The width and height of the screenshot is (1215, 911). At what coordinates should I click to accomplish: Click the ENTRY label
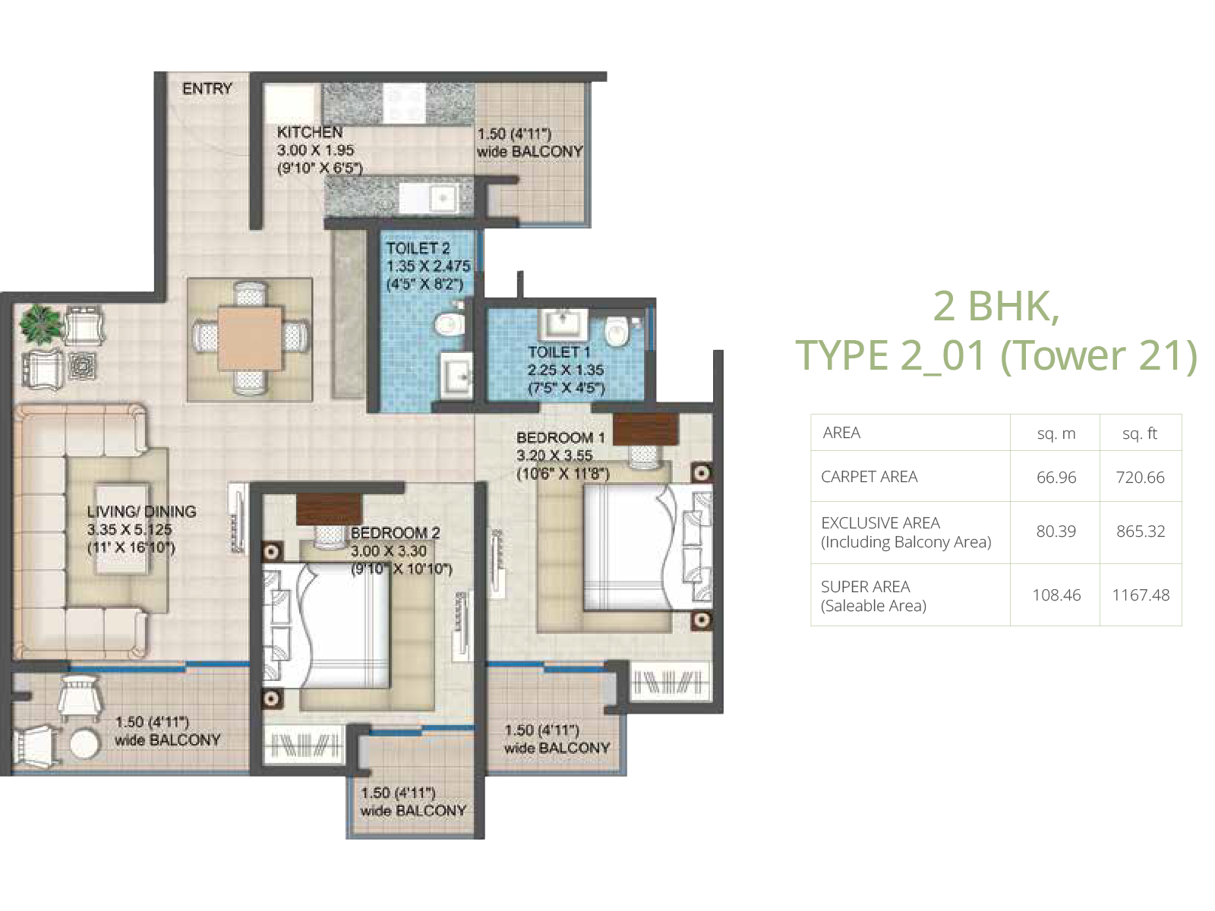click(x=207, y=89)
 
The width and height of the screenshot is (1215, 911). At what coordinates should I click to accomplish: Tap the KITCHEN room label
click(x=309, y=132)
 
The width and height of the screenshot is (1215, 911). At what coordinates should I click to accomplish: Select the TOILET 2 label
click(x=418, y=248)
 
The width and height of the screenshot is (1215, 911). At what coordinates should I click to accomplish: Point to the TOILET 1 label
click(x=559, y=352)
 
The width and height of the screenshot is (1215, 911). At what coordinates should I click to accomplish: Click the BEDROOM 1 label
click(x=560, y=437)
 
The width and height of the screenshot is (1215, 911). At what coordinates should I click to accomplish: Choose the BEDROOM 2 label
click(x=395, y=533)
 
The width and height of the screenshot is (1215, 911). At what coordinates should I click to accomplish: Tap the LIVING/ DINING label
click(x=142, y=511)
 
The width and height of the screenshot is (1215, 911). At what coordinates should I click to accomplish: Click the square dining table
click(x=250, y=339)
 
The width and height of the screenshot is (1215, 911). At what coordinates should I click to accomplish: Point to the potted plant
click(x=39, y=323)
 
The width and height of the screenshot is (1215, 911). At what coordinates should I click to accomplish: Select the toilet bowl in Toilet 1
click(x=616, y=332)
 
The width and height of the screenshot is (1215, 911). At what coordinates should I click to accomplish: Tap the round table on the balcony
click(x=86, y=743)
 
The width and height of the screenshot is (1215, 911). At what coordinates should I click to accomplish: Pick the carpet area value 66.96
click(x=1056, y=478)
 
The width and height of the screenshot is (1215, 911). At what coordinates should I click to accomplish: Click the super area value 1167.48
click(x=1141, y=595)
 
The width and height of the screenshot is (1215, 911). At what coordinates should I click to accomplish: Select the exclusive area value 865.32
click(x=1141, y=531)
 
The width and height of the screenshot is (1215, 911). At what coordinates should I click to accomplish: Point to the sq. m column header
click(x=1056, y=433)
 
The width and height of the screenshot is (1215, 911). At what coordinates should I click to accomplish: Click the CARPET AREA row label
click(x=869, y=477)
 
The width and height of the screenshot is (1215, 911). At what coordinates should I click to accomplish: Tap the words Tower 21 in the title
click(x=1099, y=355)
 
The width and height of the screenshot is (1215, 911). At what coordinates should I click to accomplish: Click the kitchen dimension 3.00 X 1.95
click(x=315, y=150)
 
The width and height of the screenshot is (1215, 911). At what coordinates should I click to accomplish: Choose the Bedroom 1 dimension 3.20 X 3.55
click(x=554, y=455)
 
